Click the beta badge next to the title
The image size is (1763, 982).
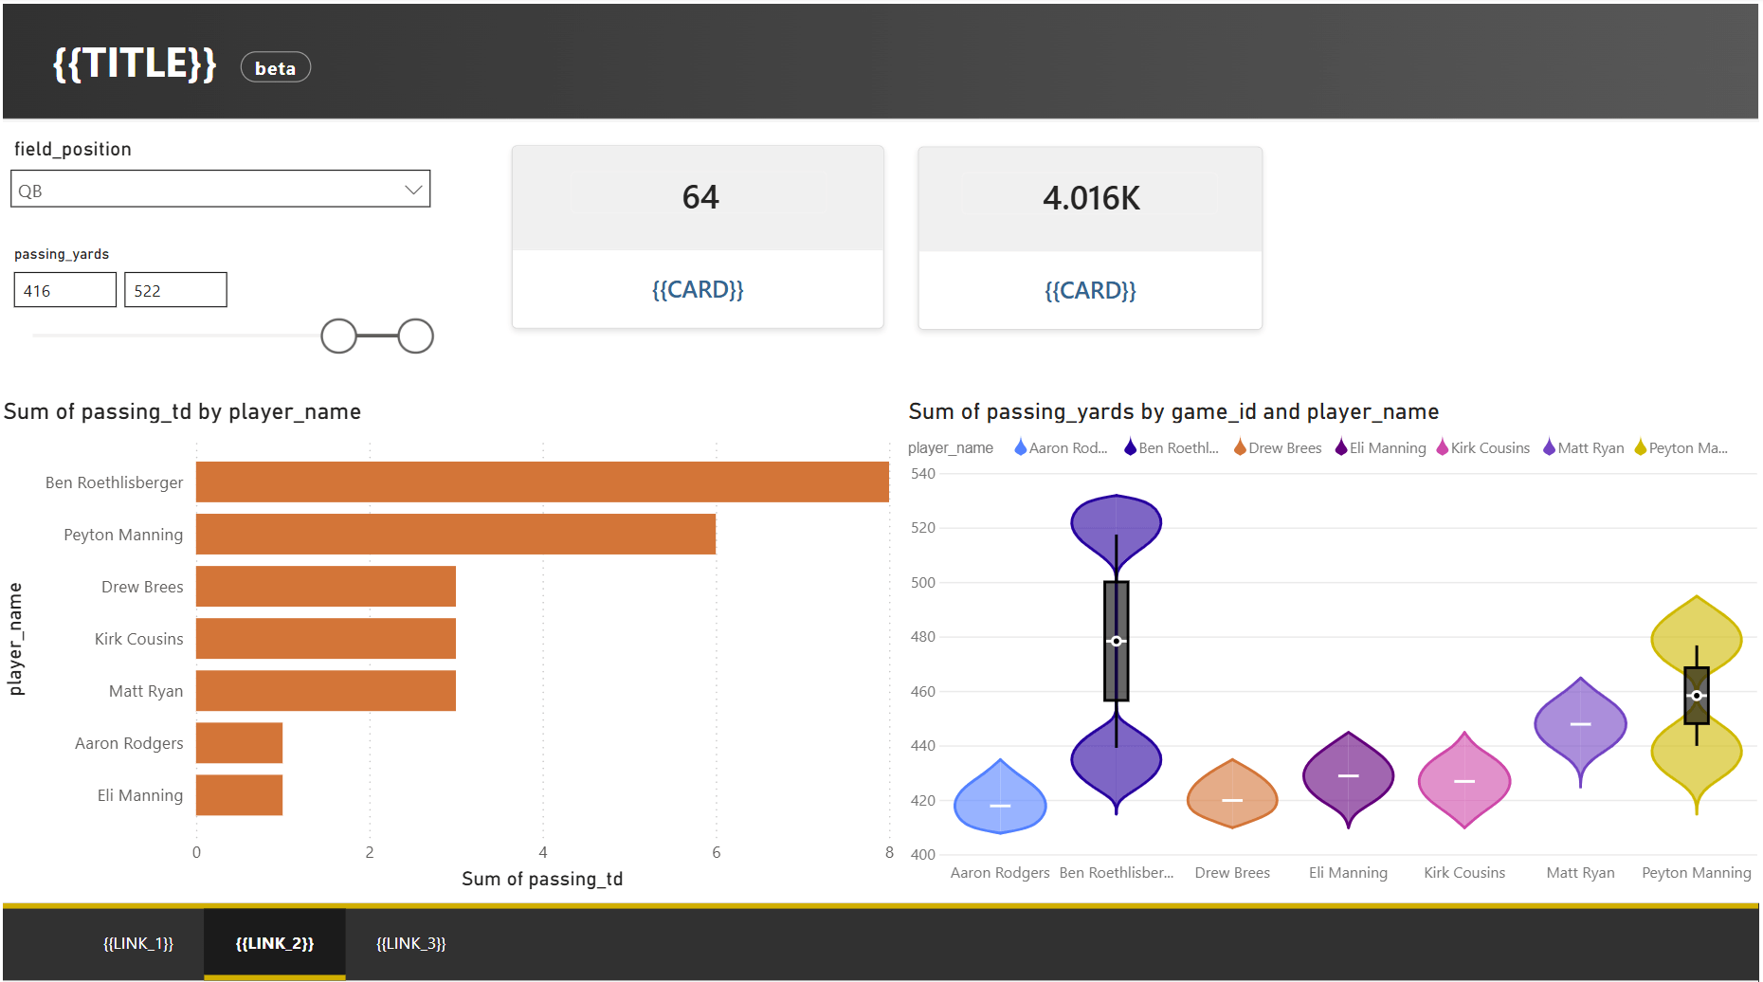point(275,67)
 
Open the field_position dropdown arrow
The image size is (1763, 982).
point(413,190)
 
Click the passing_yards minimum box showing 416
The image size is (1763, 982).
point(65,290)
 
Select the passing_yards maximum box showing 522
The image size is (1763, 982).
point(175,290)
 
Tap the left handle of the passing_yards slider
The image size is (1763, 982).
point(338,336)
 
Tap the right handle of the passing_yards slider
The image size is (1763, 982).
point(415,336)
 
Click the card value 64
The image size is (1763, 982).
point(700,197)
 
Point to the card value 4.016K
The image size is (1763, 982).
point(1091,198)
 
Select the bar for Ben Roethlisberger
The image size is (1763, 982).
point(542,482)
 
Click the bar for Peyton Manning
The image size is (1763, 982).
point(456,534)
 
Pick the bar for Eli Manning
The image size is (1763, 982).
point(239,794)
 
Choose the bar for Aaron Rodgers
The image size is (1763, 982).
point(239,742)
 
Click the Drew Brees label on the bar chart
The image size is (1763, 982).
point(142,587)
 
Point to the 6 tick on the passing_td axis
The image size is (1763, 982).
point(717,852)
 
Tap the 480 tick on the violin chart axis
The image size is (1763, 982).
point(923,637)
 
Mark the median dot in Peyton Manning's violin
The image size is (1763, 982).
point(1697,696)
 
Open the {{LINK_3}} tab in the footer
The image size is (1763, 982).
point(410,943)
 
